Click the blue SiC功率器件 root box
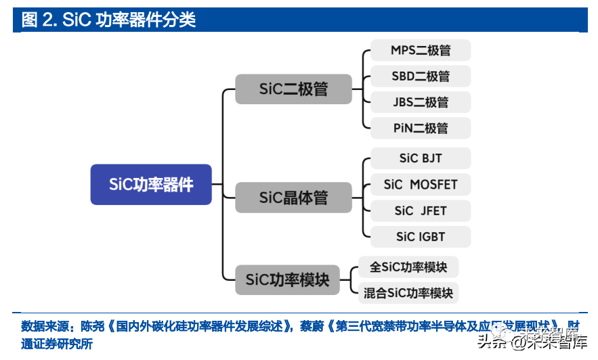[x=151, y=184]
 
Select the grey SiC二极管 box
[x=293, y=89]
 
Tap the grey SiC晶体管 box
[x=293, y=198]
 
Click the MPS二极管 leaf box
[x=421, y=50]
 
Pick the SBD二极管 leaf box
[x=421, y=76]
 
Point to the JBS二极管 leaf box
[x=421, y=102]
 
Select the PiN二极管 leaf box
[x=421, y=128]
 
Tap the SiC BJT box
[x=421, y=158]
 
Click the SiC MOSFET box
[x=421, y=185]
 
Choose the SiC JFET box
[x=421, y=210]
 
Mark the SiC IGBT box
[x=421, y=237]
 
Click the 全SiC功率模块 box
[x=408, y=267]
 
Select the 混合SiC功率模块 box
[x=408, y=293]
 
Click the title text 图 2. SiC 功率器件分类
[x=108, y=20]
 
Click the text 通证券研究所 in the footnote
[x=57, y=344]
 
